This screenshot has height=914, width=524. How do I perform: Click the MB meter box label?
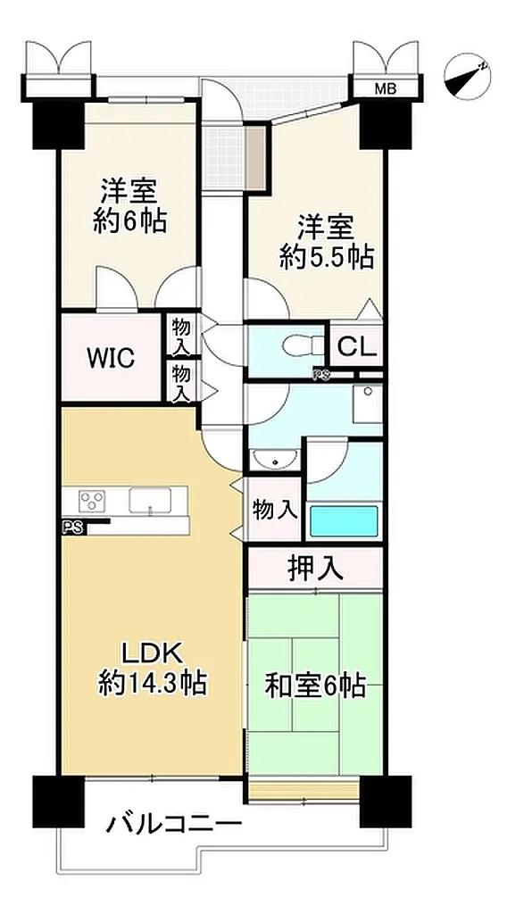tap(385, 89)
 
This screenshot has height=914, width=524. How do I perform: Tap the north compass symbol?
tap(467, 78)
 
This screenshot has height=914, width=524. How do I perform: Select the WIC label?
tap(111, 357)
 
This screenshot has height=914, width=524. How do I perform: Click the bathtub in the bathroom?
tap(344, 520)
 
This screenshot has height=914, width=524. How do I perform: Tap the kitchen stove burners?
tap(93, 501)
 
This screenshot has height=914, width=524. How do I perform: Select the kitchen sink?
tap(150, 501)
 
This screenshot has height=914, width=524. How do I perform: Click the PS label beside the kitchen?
tap(73, 528)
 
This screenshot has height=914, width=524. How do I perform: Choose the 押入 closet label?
tap(315, 569)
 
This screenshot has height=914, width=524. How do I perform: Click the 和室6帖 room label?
tap(315, 685)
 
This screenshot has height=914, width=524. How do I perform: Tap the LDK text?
tap(152, 654)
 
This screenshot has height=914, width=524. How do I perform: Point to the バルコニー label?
tap(174, 824)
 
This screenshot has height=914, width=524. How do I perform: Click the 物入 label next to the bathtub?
tap(275, 511)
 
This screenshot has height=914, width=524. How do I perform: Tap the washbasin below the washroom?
tap(273, 459)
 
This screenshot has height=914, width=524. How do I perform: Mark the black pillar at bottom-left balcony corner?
tap(59, 802)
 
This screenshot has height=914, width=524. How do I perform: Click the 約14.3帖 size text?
tap(152, 682)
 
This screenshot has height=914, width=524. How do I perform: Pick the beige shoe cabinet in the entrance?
tap(255, 157)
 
